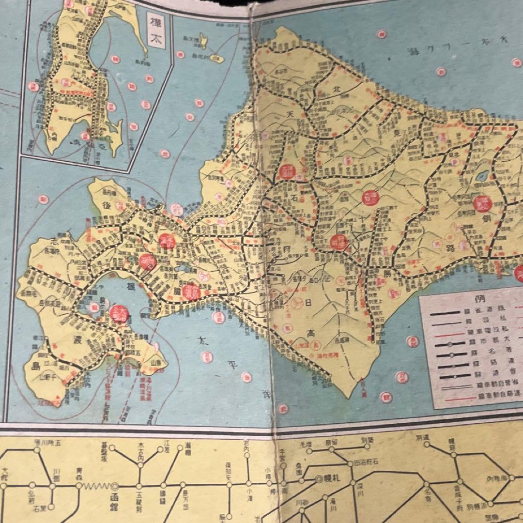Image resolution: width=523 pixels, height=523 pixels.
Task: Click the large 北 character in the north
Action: click(x=338, y=88)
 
